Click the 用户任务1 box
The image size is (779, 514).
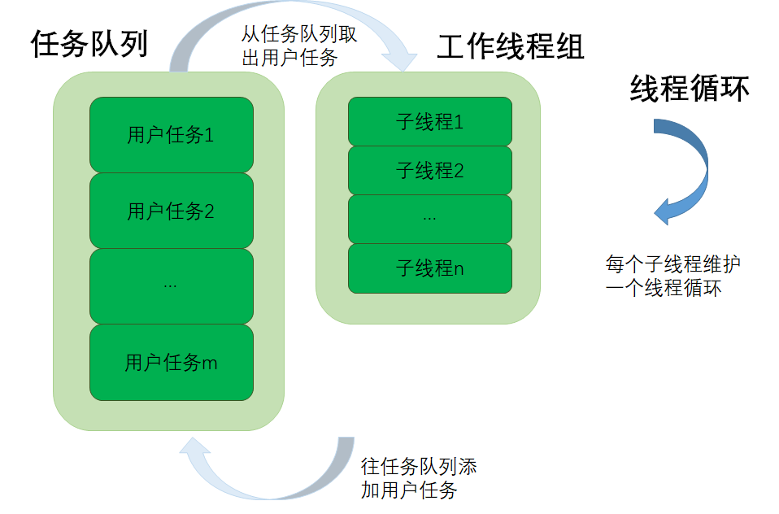coord(171,135)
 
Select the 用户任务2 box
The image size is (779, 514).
coord(171,211)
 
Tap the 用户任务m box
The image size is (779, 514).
coord(171,363)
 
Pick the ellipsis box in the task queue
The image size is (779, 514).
coord(171,286)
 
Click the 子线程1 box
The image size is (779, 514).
coord(430,121)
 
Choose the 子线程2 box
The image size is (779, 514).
coord(430,170)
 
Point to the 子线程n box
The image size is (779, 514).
coord(430,268)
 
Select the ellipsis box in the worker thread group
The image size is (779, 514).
coord(430,220)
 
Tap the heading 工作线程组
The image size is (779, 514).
coord(511,46)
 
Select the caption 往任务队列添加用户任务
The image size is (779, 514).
coord(418,478)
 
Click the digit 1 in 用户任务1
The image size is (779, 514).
coord(209,135)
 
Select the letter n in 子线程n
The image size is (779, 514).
coord(459,269)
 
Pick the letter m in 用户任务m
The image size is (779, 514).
coord(210,364)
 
